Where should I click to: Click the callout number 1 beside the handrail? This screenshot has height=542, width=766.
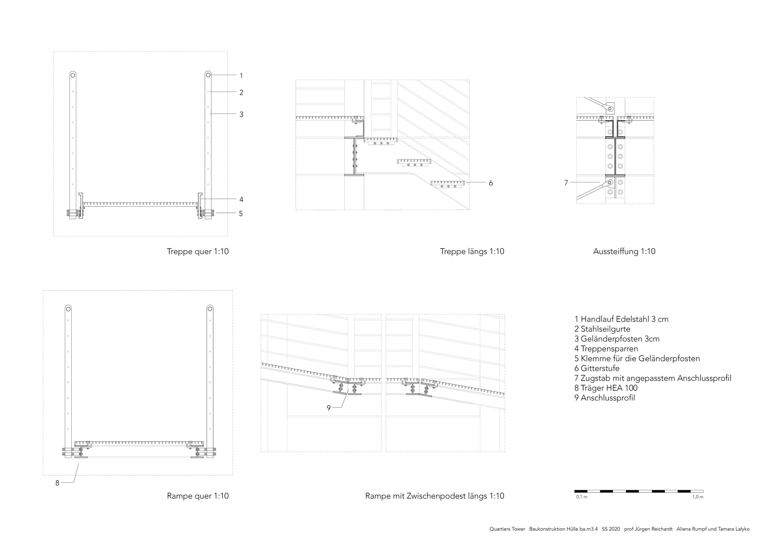241,76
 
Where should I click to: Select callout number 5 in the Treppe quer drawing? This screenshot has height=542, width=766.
241,214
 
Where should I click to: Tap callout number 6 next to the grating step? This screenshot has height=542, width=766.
491,183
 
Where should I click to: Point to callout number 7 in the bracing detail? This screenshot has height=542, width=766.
566,183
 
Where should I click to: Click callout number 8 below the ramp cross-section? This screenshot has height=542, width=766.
57,483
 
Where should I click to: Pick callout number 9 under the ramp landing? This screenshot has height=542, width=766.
329,408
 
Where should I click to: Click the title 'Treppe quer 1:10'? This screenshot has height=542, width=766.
198,251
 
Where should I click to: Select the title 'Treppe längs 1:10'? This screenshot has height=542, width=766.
472,251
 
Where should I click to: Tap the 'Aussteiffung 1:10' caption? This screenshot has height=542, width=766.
624,251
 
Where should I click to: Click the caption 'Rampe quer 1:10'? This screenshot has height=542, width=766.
198,496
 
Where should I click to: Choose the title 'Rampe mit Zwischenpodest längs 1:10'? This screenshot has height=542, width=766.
435,496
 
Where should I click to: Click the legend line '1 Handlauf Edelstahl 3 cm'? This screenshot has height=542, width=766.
621,319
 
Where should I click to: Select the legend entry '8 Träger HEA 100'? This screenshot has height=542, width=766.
606,388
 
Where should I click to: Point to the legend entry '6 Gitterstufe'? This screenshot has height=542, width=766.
597,368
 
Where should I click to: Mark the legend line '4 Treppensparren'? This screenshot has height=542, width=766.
606,349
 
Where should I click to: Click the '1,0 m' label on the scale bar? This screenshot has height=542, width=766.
697,497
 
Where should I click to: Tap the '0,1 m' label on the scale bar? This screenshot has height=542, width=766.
581,497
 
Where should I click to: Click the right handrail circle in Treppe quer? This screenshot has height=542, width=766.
208,75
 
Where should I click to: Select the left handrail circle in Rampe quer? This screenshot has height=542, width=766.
68,309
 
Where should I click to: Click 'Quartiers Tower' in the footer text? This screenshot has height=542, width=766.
507,529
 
